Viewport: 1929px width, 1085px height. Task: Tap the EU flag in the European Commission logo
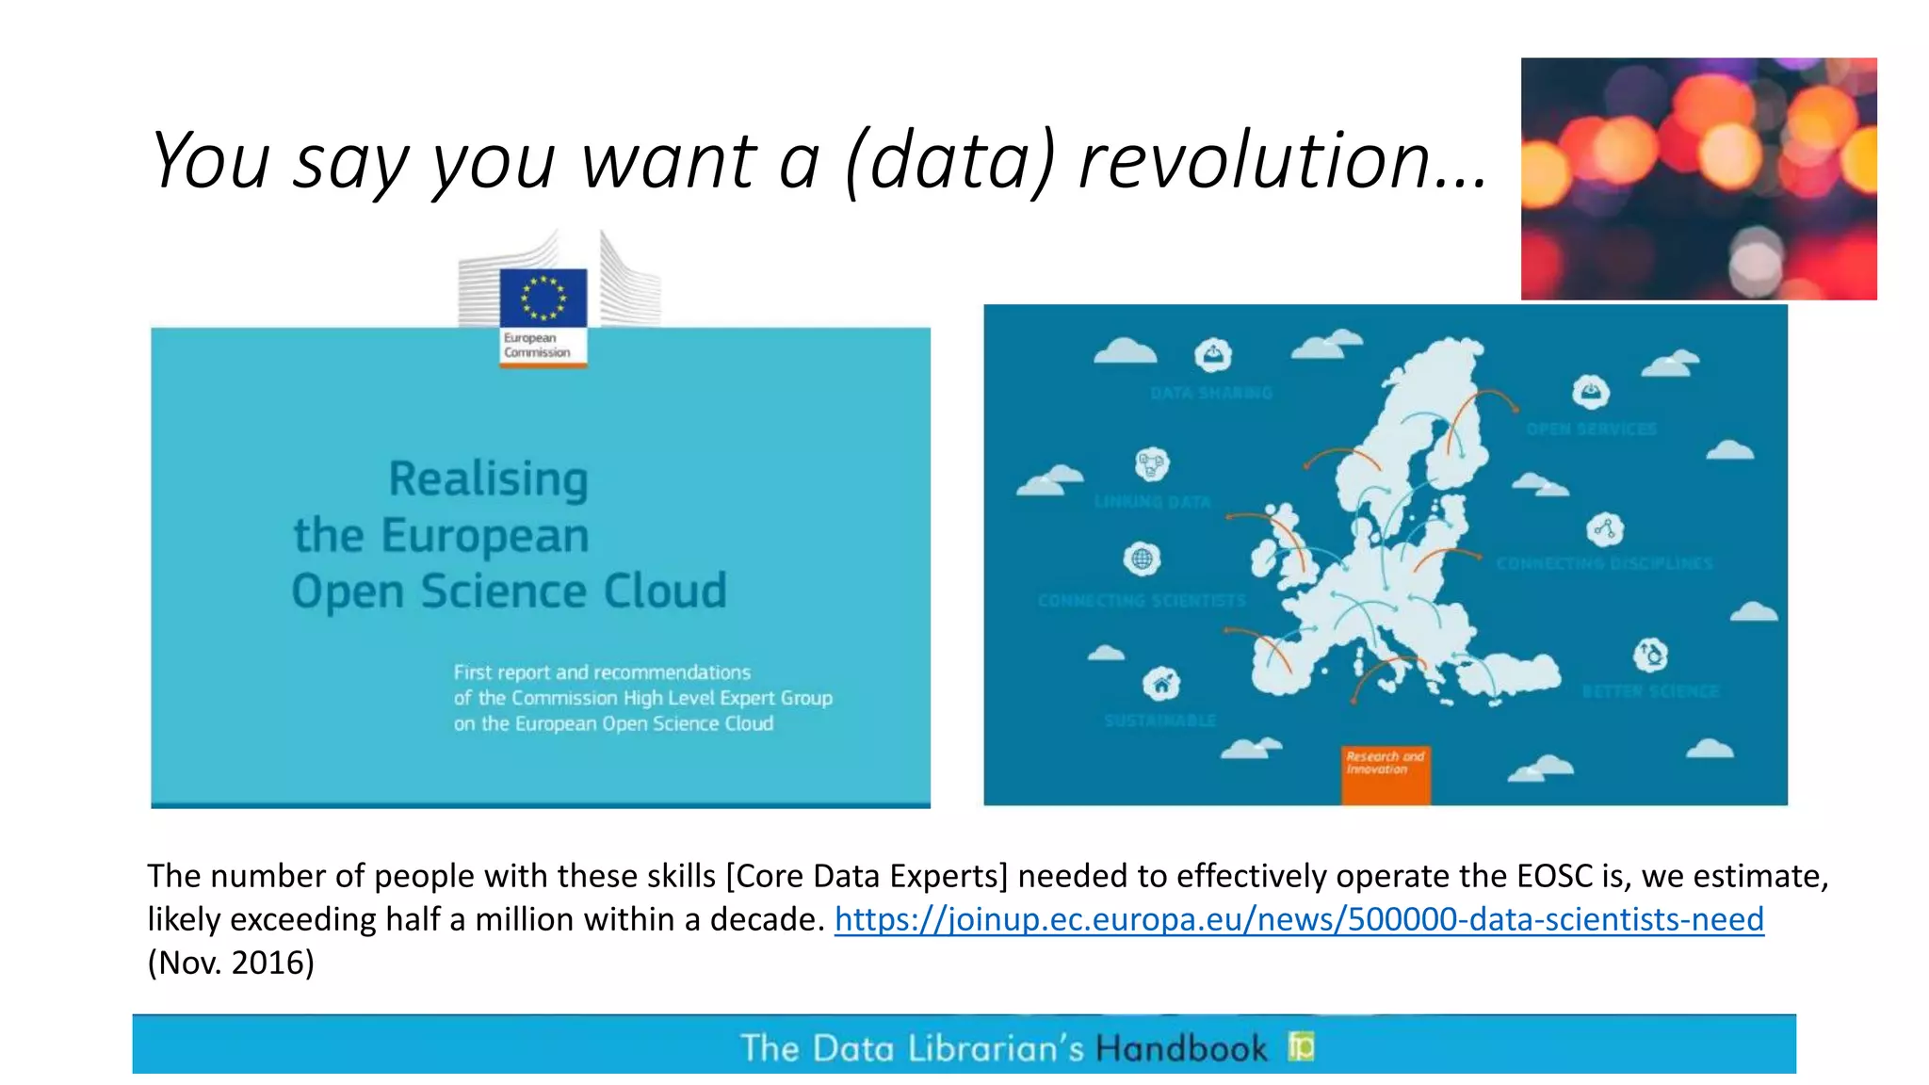pos(543,297)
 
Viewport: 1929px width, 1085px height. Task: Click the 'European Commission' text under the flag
pos(537,345)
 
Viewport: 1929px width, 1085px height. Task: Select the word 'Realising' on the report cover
pos(488,478)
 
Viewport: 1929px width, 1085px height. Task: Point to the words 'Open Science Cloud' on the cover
pos(509,591)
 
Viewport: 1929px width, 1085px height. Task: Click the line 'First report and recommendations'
pos(602,672)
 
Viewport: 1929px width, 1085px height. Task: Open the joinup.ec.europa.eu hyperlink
pos(1299,919)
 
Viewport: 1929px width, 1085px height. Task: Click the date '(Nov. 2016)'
pos(231,963)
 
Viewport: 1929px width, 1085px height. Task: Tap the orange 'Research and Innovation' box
pos(1385,774)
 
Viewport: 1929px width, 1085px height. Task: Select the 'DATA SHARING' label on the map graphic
pos(1210,393)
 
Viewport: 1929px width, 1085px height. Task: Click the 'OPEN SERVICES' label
pos(1591,429)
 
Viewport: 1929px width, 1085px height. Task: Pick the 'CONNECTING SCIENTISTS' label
pos(1142,601)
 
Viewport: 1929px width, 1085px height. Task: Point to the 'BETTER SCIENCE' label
pos(1650,691)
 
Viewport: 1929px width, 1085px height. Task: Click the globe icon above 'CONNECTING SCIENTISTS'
pos(1142,559)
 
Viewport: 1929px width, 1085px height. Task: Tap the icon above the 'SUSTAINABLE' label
pos(1161,684)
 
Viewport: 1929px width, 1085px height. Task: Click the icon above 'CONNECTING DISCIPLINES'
pos(1605,529)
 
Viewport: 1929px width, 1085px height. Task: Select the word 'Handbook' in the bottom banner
pos(1181,1048)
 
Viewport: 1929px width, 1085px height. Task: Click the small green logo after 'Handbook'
pos(1301,1045)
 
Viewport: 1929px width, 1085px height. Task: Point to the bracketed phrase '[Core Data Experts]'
pos(867,876)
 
